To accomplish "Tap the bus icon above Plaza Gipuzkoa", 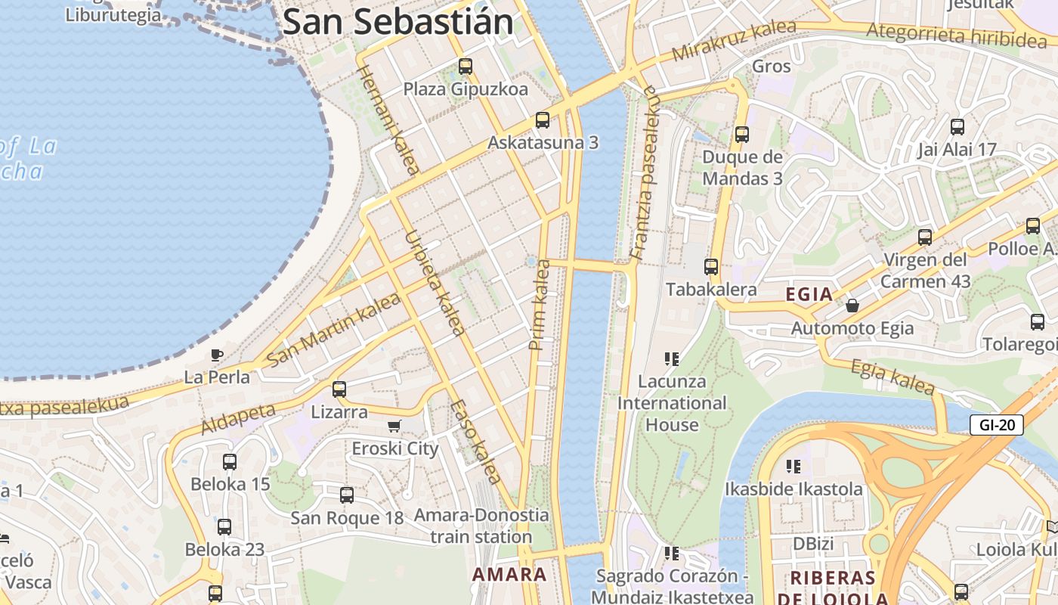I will tap(466, 67).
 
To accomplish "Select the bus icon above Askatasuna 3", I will tap(542, 119).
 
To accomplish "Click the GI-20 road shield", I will tap(996, 425).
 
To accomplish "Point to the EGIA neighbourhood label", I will tap(809, 294).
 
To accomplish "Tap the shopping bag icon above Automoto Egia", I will tap(852, 306).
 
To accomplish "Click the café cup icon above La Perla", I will tap(217, 354).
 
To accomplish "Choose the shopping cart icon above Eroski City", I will tap(394, 427).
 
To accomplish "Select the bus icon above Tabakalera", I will tap(710, 266).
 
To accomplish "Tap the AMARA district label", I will tap(509, 574).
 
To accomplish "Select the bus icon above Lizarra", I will tap(339, 389).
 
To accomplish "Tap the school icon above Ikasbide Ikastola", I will tap(793, 466).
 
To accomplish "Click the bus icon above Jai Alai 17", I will tap(957, 126).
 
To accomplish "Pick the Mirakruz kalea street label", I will tap(733, 41).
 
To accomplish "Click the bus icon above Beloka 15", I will tap(230, 461).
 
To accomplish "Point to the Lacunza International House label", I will tap(672, 403).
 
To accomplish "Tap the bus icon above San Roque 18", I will tap(347, 495).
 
